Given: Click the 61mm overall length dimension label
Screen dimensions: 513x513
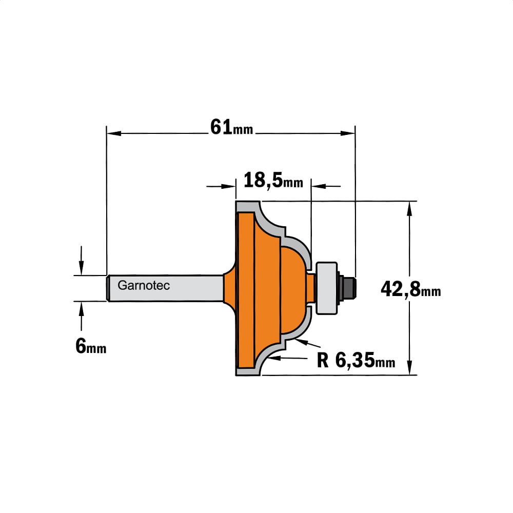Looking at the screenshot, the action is pyautogui.click(x=232, y=127).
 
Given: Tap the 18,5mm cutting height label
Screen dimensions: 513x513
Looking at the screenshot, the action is pyautogui.click(x=273, y=181).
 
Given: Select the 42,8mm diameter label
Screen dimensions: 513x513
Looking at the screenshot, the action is pyautogui.click(x=410, y=289).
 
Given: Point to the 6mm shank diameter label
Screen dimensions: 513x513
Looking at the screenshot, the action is pyautogui.click(x=91, y=346).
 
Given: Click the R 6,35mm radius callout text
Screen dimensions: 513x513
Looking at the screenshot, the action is pyautogui.click(x=356, y=361).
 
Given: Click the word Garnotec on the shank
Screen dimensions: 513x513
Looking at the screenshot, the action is pyautogui.click(x=144, y=286).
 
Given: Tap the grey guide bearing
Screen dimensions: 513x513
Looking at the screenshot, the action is pyautogui.click(x=326, y=288).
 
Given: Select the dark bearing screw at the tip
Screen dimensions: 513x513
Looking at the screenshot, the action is pyautogui.click(x=348, y=288).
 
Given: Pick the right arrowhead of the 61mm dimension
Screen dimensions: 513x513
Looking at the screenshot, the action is pyautogui.click(x=347, y=133).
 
